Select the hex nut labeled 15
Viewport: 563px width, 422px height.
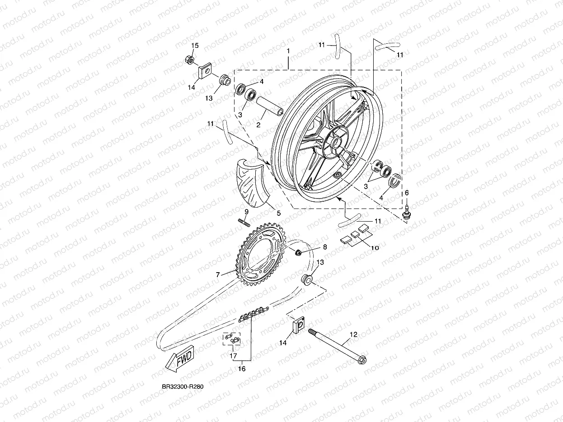tap(190, 60)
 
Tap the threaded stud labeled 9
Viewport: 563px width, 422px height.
tap(243, 223)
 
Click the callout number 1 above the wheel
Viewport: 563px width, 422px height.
tap(288, 52)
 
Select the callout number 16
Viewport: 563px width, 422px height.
tap(242, 369)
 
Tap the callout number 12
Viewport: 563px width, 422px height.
tap(353, 334)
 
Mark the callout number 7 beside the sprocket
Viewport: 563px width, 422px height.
tap(217, 274)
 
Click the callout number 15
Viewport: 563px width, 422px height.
tap(195, 46)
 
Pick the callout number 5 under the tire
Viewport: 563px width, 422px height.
tap(278, 213)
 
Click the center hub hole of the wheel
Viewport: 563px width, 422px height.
tap(337, 144)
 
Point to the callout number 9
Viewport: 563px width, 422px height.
tap(247, 212)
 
